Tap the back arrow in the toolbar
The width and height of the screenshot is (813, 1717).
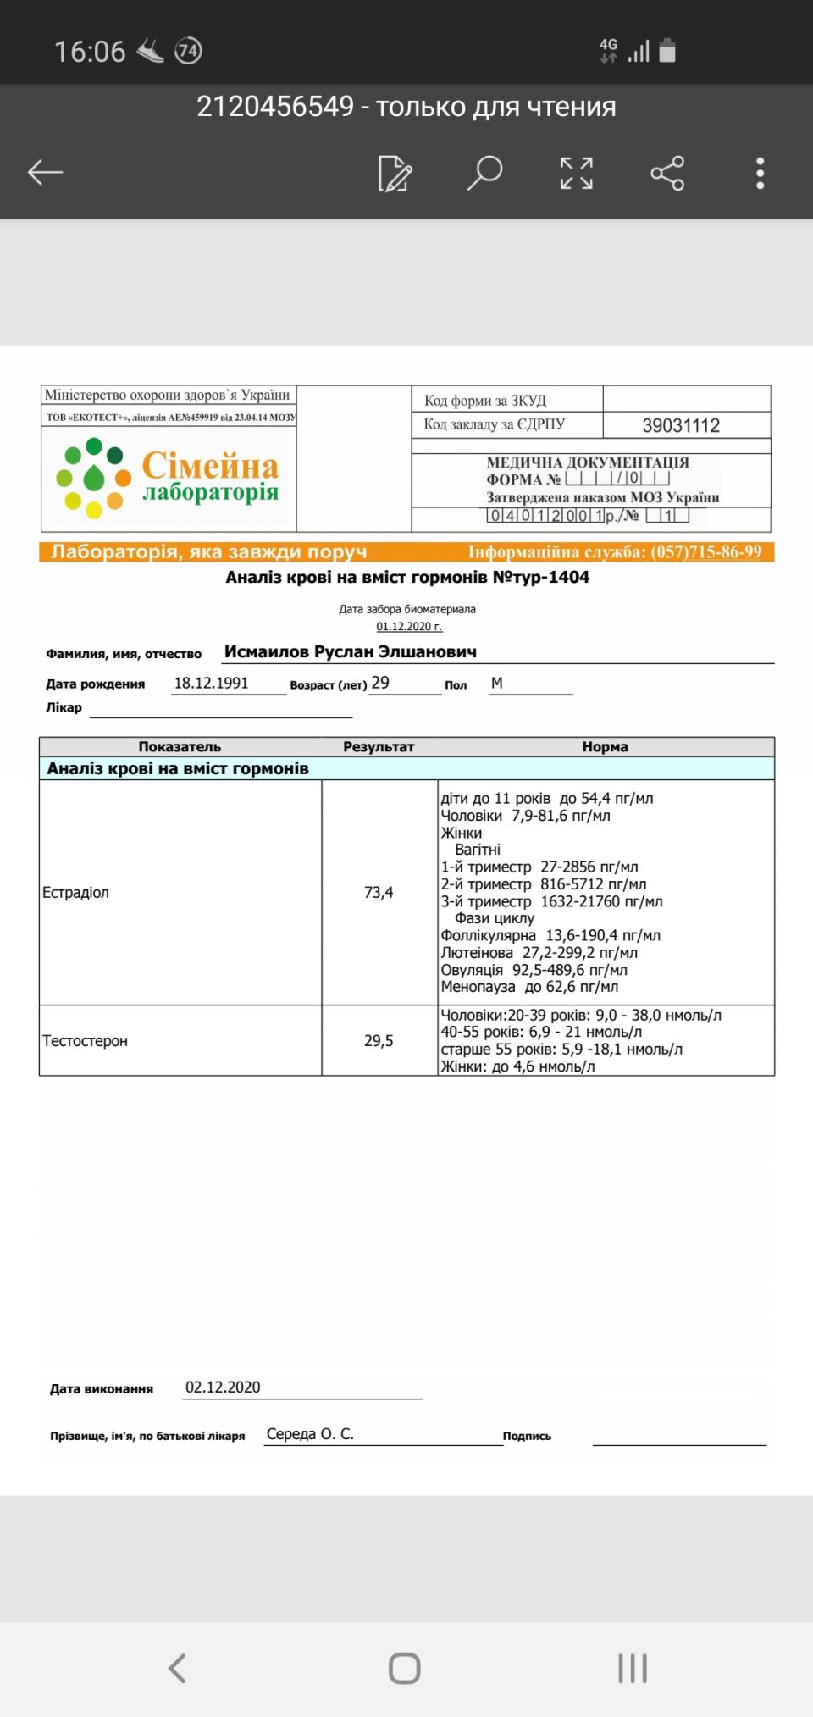(46, 173)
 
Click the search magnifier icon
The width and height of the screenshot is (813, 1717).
(484, 173)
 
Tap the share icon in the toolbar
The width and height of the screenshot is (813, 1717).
(667, 173)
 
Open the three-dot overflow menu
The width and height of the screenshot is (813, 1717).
(760, 173)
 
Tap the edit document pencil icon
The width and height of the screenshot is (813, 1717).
(395, 173)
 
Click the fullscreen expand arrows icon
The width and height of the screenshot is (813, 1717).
(577, 173)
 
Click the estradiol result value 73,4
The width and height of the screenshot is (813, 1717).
(379, 892)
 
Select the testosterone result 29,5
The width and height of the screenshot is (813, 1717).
(379, 1040)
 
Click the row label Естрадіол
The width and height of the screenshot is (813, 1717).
(76, 892)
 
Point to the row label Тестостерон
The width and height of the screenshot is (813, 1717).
(86, 1040)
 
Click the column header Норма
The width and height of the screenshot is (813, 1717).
(605, 746)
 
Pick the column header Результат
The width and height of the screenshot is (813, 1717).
(379, 746)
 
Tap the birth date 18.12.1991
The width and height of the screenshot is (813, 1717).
(212, 683)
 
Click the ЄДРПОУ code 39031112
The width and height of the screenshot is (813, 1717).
(681, 425)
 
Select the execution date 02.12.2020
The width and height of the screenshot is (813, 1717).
(223, 1387)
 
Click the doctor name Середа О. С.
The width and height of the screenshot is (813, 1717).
(310, 1433)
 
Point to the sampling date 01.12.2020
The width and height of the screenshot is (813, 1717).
(409, 626)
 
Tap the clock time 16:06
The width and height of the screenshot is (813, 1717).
(90, 52)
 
